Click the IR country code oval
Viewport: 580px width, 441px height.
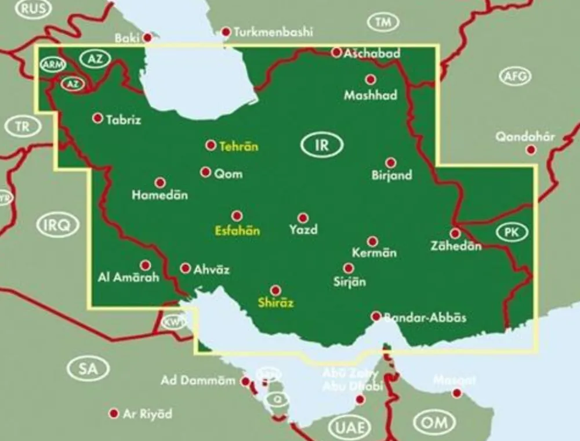[322, 145]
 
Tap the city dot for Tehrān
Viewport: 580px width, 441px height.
[211, 145]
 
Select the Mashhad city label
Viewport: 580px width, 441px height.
[371, 95]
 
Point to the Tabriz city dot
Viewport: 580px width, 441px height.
[97, 118]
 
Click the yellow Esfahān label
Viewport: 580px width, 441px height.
[237, 230]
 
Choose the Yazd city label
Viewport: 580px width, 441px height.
[303, 230]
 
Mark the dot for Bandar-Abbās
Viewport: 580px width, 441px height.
[376, 316]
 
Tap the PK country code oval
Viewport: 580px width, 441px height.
[512, 233]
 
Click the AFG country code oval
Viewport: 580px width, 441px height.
[515, 75]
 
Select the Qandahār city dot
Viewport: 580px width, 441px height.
[531, 150]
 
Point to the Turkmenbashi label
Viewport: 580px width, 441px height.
[273, 32]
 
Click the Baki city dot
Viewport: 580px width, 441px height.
[148, 38]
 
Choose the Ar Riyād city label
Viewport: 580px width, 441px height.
[148, 414]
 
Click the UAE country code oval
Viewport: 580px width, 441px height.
[349, 428]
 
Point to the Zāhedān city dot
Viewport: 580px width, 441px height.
[455, 233]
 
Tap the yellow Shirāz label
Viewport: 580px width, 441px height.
[275, 302]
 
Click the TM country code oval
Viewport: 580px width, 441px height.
[383, 23]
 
